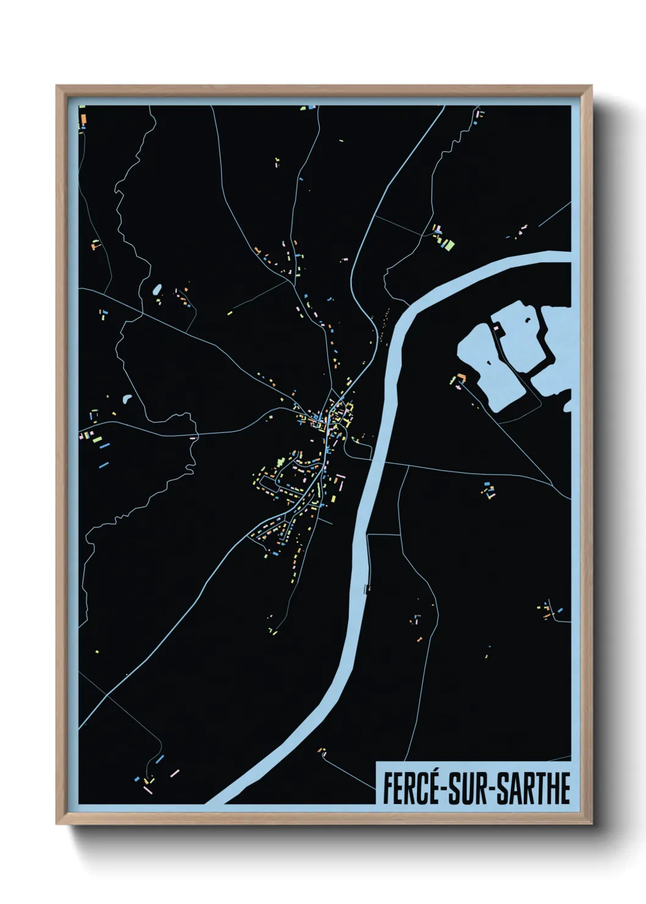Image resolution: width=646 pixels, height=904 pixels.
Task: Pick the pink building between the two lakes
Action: click(497, 329)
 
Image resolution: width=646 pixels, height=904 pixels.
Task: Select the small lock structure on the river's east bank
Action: click(366, 588)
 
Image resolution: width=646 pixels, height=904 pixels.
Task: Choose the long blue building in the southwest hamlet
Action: click(160, 759)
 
